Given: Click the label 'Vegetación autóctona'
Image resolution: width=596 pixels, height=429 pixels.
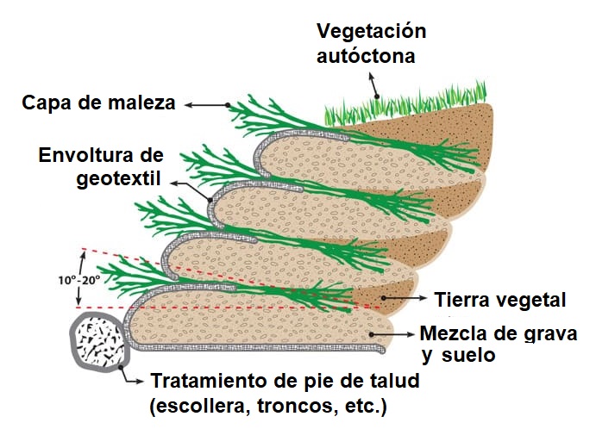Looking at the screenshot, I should point(372,44).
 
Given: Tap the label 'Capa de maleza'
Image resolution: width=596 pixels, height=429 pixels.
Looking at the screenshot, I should point(98,104).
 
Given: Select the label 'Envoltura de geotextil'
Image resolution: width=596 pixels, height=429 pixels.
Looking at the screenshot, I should point(101,169).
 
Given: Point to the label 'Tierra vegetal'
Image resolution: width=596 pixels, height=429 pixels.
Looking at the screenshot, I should point(500,300).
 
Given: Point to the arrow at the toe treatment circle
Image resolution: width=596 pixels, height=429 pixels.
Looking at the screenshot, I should point(134,375).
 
